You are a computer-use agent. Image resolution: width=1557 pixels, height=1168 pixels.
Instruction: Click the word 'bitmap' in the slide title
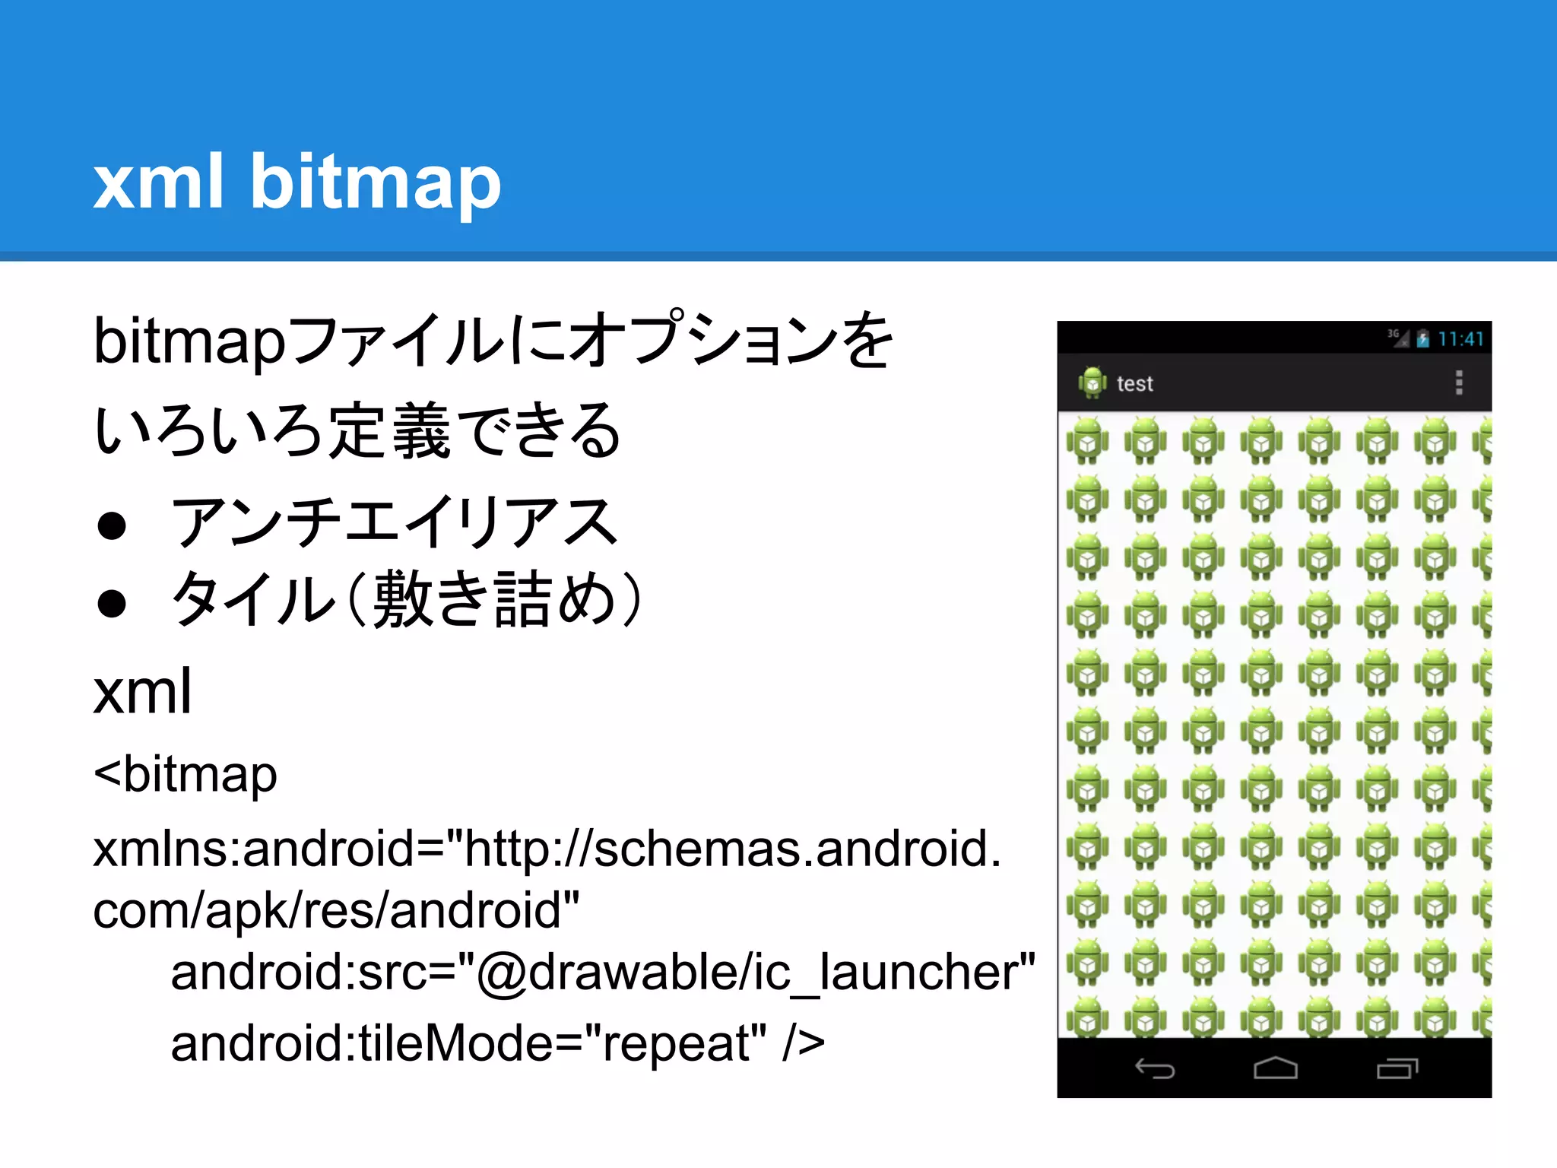[x=376, y=182]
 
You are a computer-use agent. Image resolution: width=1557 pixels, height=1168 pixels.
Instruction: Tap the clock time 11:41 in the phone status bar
[x=1460, y=339]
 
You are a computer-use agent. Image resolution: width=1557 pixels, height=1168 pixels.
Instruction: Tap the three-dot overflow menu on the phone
[x=1458, y=382]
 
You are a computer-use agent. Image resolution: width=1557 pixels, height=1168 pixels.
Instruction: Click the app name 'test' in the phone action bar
[x=1134, y=384]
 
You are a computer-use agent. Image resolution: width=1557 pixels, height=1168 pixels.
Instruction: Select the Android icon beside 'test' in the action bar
[x=1092, y=382]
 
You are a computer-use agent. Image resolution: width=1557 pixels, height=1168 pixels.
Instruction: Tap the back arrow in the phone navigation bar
[x=1155, y=1069]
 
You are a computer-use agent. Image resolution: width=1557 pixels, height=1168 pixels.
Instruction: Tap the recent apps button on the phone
[x=1397, y=1069]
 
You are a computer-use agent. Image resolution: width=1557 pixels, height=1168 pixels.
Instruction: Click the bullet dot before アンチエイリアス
[x=112, y=525]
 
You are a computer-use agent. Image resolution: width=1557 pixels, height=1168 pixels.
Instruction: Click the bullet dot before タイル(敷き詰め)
[x=112, y=603]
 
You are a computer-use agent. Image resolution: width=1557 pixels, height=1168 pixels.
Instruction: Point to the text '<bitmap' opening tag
[x=185, y=775]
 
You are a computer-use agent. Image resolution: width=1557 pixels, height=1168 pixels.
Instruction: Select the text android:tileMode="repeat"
[x=468, y=1043]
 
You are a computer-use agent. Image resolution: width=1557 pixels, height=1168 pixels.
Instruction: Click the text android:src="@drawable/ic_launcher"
[x=602, y=973]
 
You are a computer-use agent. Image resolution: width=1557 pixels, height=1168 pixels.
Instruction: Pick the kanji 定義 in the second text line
[x=389, y=431]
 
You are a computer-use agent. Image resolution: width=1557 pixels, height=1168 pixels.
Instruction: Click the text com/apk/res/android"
[x=335, y=911]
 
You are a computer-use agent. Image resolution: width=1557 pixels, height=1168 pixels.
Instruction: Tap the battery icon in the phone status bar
[x=1422, y=339]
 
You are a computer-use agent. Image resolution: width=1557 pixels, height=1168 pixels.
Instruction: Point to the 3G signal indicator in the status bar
[x=1397, y=337]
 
